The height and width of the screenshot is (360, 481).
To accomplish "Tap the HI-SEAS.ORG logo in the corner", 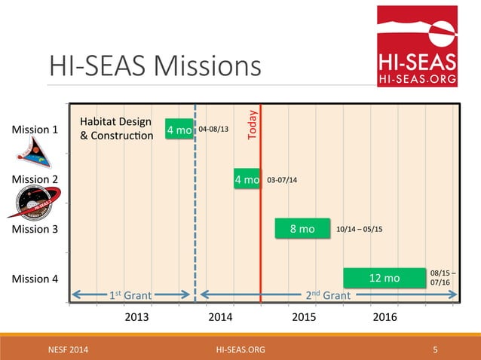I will pyautogui.click(x=417, y=46).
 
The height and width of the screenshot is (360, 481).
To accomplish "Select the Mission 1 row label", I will pyautogui.click(x=35, y=130).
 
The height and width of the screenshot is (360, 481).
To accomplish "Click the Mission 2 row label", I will pyautogui.click(x=35, y=179).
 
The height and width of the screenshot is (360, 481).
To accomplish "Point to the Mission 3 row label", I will pyautogui.click(x=35, y=229).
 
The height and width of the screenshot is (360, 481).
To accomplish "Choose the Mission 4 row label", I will pyautogui.click(x=35, y=279).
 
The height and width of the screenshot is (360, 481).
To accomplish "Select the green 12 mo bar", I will pyautogui.click(x=384, y=279).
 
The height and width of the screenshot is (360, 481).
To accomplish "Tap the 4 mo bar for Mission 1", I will pyautogui.click(x=179, y=130).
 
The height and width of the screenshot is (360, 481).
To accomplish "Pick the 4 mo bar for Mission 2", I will pyautogui.click(x=247, y=180).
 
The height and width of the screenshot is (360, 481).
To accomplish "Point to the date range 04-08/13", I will pyautogui.click(x=213, y=130).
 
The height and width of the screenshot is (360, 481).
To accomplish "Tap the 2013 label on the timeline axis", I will pyautogui.click(x=136, y=317).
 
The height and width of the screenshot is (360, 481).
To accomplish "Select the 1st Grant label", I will pyautogui.click(x=127, y=295).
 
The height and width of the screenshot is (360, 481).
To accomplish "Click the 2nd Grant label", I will pyautogui.click(x=328, y=295).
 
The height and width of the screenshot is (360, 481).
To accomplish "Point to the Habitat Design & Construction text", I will pyautogui.click(x=116, y=129).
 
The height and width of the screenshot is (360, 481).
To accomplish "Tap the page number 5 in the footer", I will pyautogui.click(x=436, y=349).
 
